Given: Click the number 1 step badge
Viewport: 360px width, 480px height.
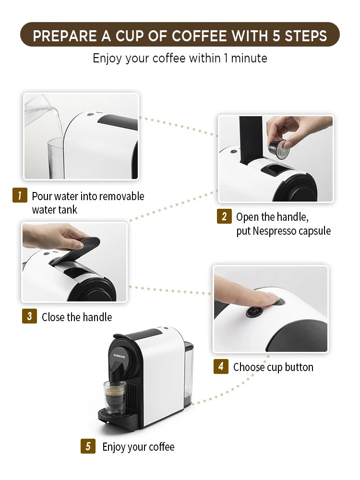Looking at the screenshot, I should tap(20, 196).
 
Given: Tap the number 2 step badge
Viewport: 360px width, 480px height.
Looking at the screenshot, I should tap(224, 216).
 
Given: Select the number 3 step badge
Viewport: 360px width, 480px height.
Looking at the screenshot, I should tap(29, 316).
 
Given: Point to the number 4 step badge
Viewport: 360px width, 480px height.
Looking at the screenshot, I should tap(221, 367).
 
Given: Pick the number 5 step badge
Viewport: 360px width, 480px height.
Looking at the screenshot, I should tap(88, 446).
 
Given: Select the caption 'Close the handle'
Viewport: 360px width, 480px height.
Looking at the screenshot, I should tap(77, 317).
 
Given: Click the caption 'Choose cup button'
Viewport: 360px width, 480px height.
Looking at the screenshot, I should tap(273, 367).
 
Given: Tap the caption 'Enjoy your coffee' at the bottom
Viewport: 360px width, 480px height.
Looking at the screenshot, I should tap(138, 447).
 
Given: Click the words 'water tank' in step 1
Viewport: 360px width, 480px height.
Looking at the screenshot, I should tap(54, 210).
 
